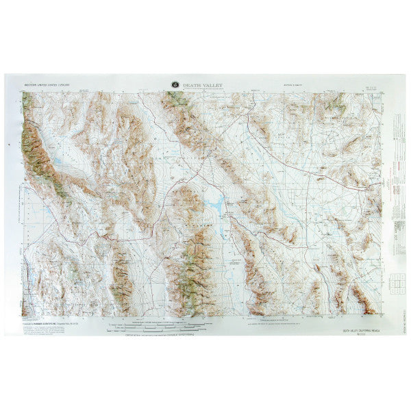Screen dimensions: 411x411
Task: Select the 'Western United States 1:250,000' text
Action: point(48,87)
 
